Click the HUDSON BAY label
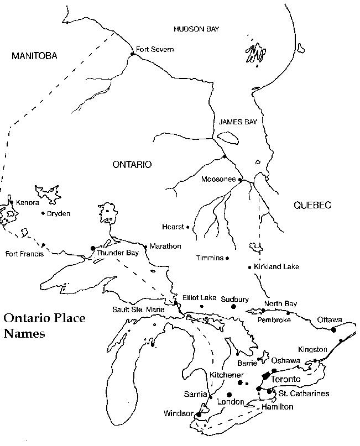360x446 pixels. tap(196, 29)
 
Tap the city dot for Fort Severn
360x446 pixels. tap(133, 54)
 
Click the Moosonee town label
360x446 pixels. tap(218, 180)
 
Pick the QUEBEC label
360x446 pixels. tap(312, 205)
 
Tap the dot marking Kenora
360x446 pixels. tap(12, 202)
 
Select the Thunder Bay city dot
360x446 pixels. tap(92, 248)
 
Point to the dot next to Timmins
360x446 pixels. tap(227, 258)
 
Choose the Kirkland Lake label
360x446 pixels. tap(276, 267)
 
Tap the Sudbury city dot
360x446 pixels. tap(233, 306)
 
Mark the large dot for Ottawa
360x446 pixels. tap(333, 330)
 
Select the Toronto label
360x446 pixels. tap(286, 380)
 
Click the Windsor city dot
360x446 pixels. tap(199, 414)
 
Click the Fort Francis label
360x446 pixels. tap(24, 254)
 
